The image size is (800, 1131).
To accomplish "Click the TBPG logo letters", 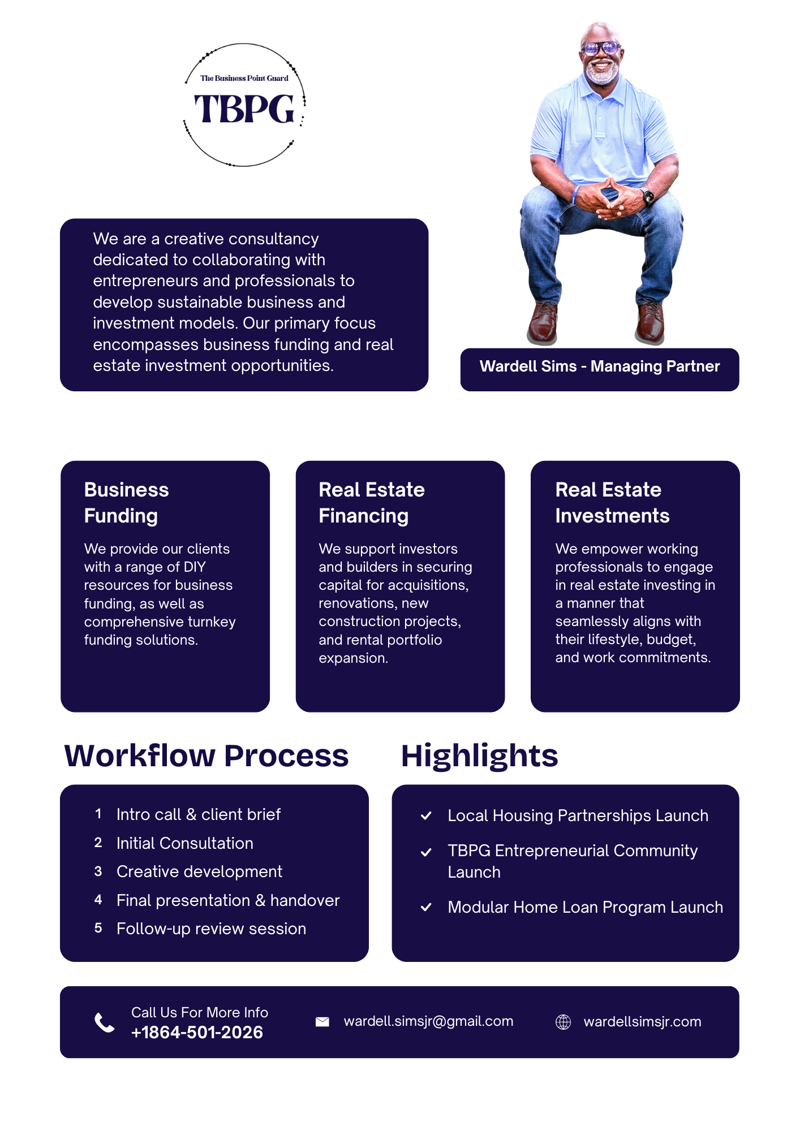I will coord(244,109).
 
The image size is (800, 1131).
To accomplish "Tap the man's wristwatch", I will coord(648,197).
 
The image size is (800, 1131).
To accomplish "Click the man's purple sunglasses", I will coord(601,49).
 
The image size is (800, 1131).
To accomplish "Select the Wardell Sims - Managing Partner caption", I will coord(599,366).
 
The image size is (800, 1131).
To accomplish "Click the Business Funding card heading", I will coord(126,503).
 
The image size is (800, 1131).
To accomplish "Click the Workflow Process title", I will coord(207,756).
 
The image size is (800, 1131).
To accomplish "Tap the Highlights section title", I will coord(479,756).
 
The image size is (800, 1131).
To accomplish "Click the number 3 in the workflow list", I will coord(98,871).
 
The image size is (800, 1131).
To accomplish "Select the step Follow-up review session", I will coord(211,929).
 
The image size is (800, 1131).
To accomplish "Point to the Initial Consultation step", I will coord(184,843).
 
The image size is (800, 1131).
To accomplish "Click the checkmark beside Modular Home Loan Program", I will coord(426,907).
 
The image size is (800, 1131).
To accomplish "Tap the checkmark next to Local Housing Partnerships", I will coord(426,815).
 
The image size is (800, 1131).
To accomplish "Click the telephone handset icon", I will coord(105,1022).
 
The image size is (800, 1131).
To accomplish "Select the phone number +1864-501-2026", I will coord(197,1033).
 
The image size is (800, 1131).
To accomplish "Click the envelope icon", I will coord(322,1021).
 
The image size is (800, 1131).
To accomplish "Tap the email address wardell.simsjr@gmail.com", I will coord(428,1021).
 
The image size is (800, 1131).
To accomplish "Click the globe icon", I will coord(563,1022).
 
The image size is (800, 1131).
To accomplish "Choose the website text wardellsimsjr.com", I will coord(642,1022).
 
